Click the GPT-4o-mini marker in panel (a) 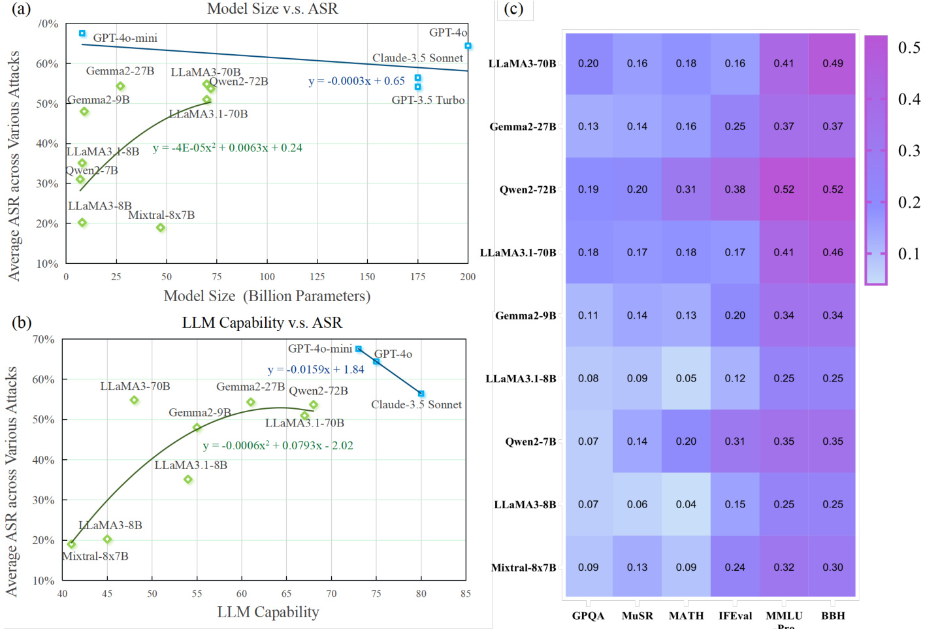[x=82, y=33]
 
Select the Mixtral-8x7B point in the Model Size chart [x=161, y=228]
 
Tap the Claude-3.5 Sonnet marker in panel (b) [x=421, y=394]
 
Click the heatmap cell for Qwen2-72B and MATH [x=686, y=189]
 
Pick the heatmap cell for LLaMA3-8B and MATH [x=686, y=504]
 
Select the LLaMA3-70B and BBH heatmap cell [x=832, y=63]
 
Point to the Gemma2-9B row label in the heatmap [x=525, y=315]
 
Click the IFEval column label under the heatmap [x=735, y=615]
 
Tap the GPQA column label [x=588, y=615]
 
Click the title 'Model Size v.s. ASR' [x=272, y=9]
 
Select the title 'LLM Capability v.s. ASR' [x=262, y=323]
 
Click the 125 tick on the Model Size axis [x=317, y=277]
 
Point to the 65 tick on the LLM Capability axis [x=286, y=594]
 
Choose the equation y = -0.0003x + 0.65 [x=357, y=81]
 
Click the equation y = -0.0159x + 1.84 [x=316, y=370]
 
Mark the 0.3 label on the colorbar [x=909, y=151]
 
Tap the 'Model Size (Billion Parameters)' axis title [x=267, y=297]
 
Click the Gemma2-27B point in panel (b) [x=251, y=402]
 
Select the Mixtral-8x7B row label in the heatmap [x=523, y=568]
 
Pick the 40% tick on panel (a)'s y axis [x=47, y=144]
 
